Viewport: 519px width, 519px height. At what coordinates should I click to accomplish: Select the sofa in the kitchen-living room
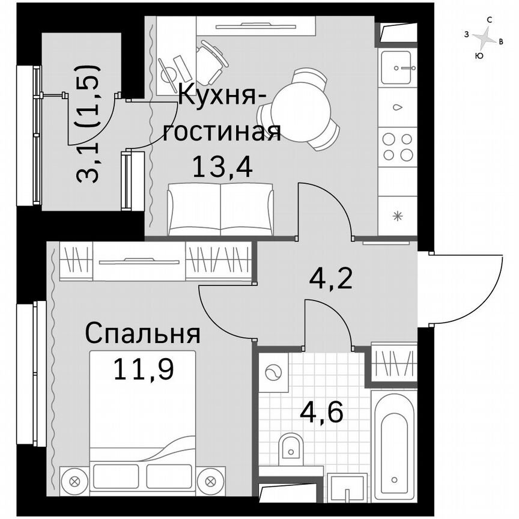[x=221, y=210]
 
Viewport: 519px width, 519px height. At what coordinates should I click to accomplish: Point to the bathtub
[x=394, y=445]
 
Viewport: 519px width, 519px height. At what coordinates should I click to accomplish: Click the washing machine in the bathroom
[x=273, y=372]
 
